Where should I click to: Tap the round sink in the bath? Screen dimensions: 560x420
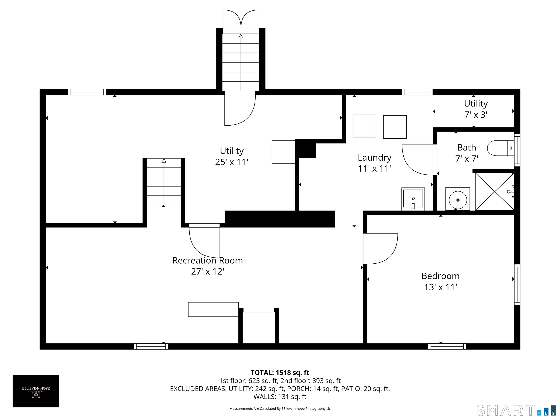[458, 199]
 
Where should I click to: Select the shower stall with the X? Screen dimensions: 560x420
[494, 192]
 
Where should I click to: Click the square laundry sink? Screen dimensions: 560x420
[413, 199]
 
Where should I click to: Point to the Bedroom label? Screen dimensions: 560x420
[440, 276]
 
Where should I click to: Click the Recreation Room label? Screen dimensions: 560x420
[208, 260]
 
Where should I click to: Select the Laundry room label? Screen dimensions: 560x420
[374, 157]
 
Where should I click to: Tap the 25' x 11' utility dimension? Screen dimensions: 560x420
[232, 162]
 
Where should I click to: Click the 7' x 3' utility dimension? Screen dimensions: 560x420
[476, 115]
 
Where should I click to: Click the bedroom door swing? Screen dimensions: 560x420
[380, 249]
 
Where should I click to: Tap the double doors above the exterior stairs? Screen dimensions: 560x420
[241, 19]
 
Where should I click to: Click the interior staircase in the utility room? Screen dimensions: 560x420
[164, 182]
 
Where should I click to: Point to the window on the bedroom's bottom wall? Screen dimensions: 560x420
[447, 346]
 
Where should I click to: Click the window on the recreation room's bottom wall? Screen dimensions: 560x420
[151, 346]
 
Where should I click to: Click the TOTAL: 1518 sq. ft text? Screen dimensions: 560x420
[280, 373]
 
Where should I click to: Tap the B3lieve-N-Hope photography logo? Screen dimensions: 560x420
[36, 391]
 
